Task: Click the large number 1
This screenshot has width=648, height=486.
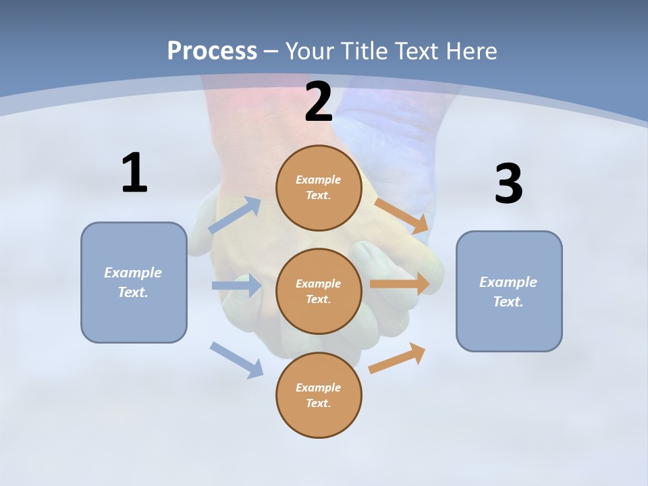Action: tap(134, 173)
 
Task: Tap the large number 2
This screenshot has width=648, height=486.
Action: tap(319, 102)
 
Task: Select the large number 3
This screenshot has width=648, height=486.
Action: tap(509, 184)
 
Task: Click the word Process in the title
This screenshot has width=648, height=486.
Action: tap(212, 51)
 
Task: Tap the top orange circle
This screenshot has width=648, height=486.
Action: tap(319, 188)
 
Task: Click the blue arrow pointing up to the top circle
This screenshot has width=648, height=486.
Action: tap(235, 215)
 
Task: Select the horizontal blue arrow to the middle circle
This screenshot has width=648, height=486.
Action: tap(236, 286)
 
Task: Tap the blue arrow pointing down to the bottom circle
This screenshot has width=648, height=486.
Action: tap(236, 360)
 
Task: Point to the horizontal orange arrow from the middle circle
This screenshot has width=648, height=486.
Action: tap(400, 284)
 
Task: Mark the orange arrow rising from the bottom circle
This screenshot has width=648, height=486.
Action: tap(397, 358)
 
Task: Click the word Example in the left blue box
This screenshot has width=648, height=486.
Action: tap(133, 273)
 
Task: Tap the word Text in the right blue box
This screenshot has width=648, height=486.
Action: tap(508, 302)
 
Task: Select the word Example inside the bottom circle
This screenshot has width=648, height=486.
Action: tap(319, 387)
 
